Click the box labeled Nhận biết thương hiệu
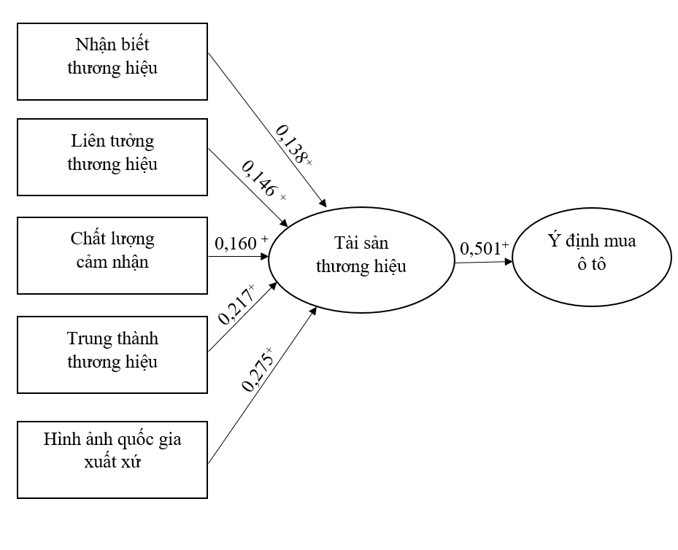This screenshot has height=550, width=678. point(112,63)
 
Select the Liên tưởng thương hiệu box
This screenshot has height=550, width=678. point(112,158)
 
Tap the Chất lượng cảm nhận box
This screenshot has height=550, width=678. point(112,255)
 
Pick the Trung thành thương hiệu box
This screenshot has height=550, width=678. point(112,355)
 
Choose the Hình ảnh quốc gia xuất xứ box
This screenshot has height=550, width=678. point(112,459)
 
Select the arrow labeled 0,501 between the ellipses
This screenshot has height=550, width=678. point(482,261)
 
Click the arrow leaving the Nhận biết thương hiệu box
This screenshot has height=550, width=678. point(266,129)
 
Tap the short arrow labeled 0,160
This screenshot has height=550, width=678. point(239,256)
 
